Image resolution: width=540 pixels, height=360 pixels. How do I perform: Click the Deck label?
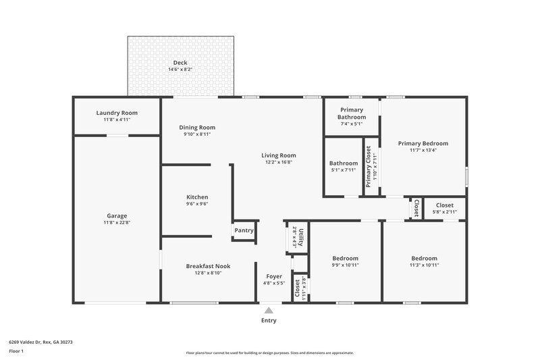[180, 63]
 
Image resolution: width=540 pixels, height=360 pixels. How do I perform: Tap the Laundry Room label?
[117, 113]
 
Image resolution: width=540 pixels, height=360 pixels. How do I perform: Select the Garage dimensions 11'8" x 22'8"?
[117, 222]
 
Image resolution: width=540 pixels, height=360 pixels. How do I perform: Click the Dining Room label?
[197, 127]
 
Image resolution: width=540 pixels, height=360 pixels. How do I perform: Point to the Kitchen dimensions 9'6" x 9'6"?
[197, 203]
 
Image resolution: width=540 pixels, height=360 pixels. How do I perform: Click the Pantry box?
[244, 230]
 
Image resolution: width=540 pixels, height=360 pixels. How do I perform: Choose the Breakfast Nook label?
[208, 266]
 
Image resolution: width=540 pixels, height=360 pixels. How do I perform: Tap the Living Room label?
[279, 155]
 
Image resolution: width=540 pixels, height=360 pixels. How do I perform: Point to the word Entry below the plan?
[269, 320]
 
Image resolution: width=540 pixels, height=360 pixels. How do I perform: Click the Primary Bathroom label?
[352, 113]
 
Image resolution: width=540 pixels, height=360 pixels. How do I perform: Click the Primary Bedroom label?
[423, 143]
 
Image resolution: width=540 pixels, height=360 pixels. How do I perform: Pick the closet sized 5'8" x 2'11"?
[444, 208]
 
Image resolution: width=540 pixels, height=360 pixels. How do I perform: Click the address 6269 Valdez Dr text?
[40, 342]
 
